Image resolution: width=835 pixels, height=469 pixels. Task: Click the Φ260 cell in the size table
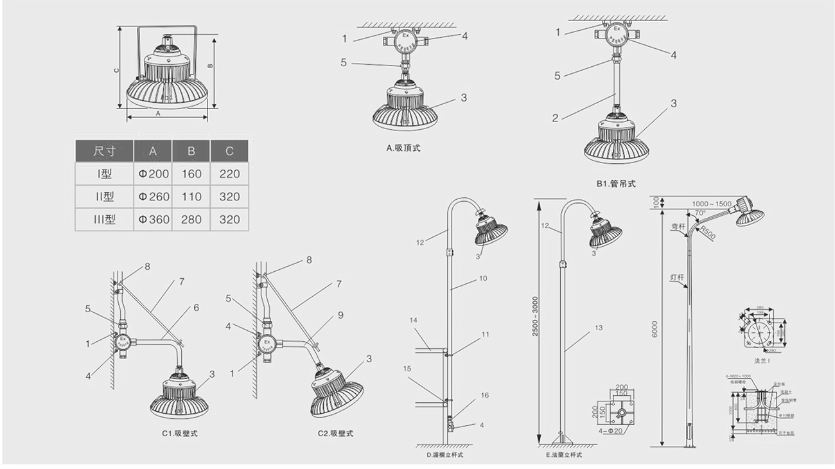[x=152, y=197]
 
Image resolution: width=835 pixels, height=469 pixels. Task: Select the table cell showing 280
[x=191, y=219]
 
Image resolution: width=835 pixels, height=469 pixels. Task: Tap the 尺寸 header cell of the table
[x=104, y=151]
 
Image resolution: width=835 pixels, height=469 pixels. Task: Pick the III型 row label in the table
[x=104, y=219]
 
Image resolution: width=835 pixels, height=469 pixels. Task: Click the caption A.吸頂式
[x=403, y=148]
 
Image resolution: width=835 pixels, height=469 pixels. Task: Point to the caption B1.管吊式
[x=615, y=184]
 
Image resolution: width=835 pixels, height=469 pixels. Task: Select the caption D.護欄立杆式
[x=445, y=455]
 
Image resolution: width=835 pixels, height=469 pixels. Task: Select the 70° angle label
[x=699, y=213]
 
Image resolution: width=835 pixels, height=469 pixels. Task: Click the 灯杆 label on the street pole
[x=676, y=278]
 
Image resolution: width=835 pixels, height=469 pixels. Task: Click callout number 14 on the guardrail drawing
[x=414, y=320]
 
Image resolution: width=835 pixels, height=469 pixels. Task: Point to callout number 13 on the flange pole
[x=599, y=328]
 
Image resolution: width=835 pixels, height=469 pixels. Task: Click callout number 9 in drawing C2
[x=341, y=315]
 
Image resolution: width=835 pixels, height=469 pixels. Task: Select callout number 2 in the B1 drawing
[x=555, y=118]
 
